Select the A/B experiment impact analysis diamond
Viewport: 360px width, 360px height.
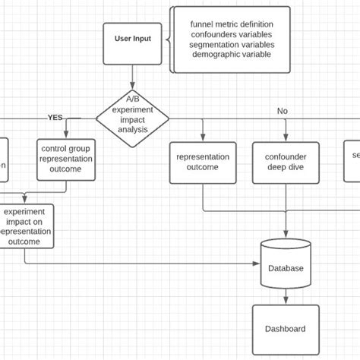133,118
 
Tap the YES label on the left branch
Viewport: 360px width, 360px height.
55,118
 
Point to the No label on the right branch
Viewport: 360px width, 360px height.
283,111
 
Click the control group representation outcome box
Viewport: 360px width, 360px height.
65,159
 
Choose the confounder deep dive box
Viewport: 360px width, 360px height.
286,162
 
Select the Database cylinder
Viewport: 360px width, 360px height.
286,267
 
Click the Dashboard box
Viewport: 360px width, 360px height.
285,329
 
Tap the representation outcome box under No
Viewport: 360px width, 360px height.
203,162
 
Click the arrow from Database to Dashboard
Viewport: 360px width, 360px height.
286,296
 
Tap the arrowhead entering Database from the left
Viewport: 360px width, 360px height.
257,264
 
